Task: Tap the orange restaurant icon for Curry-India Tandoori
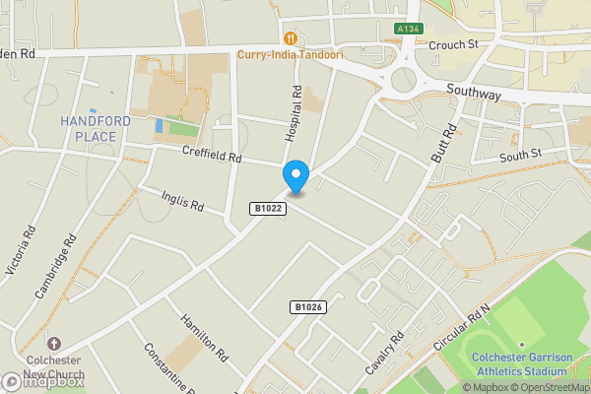click(x=290, y=38)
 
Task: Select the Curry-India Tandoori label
click(x=290, y=54)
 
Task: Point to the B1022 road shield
click(x=267, y=209)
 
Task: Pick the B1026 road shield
click(x=308, y=307)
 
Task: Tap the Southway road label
click(x=474, y=95)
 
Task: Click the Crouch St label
click(x=453, y=44)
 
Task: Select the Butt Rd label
click(x=444, y=144)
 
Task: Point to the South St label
click(x=520, y=155)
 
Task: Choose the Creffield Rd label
click(x=212, y=156)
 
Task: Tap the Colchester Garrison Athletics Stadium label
click(x=519, y=363)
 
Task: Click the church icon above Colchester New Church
click(x=53, y=344)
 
